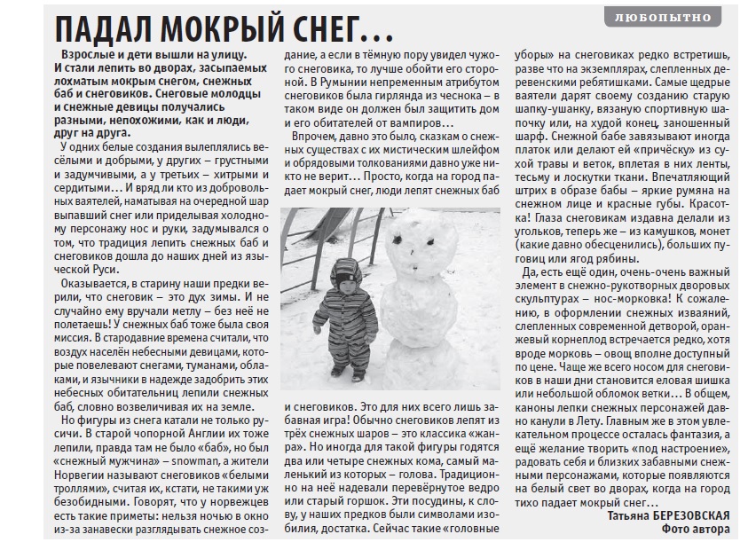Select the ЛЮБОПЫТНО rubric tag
pos(673,18)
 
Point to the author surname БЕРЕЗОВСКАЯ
pos(680,516)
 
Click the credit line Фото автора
pos(697,530)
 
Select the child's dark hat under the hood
pos(347,271)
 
